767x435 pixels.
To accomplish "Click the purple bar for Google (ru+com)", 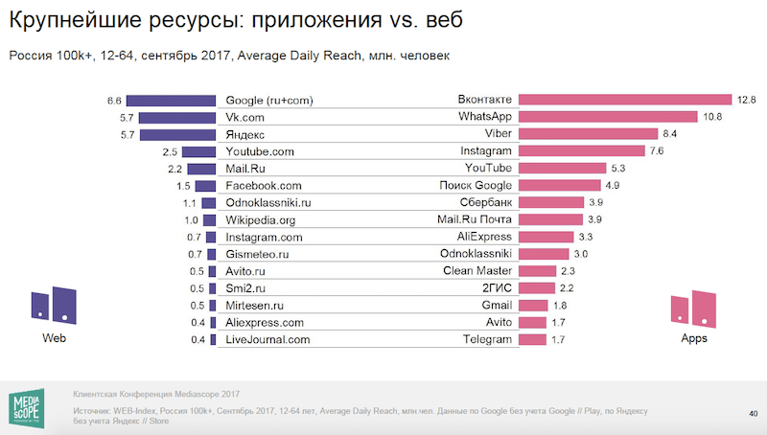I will [x=172, y=100].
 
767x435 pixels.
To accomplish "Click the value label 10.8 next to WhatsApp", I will [x=712, y=117].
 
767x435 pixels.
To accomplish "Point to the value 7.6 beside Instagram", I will [x=656, y=151].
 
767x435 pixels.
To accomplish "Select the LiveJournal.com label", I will [x=268, y=339].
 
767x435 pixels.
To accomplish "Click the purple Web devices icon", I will [x=53, y=305].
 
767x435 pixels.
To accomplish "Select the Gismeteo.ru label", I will [x=257, y=254].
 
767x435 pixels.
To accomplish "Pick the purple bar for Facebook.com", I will [x=204, y=185].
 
